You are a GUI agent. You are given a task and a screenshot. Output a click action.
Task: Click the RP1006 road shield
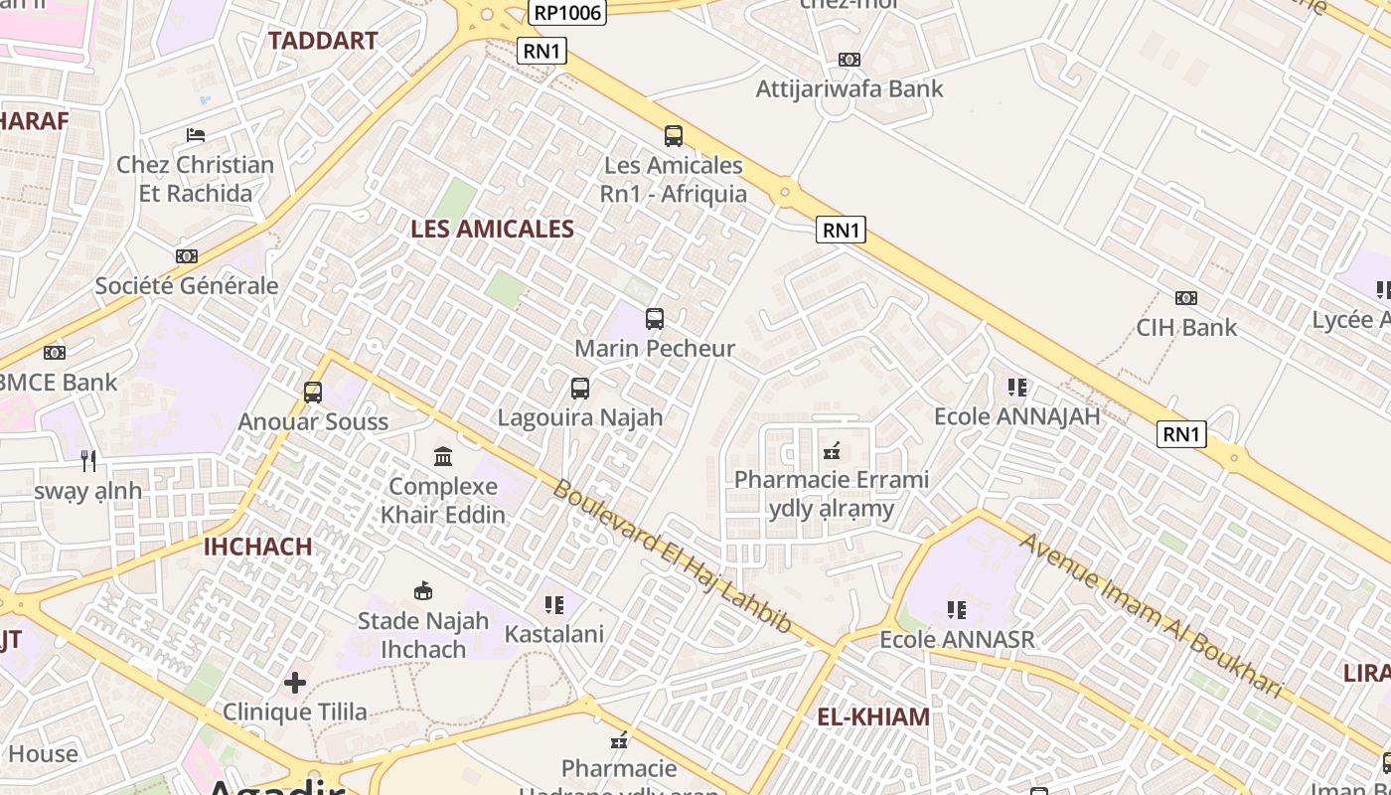[567, 12]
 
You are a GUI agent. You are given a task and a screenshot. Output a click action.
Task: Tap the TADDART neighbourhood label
[323, 41]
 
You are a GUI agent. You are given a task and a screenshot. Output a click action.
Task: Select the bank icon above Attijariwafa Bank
[849, 60]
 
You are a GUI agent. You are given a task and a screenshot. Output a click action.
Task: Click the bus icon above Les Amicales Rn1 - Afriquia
[674, 136]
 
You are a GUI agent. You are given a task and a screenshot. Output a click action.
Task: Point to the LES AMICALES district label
[492, 229]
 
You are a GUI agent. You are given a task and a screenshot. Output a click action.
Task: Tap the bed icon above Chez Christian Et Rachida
[196, 135]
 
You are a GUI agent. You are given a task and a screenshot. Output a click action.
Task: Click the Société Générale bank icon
[186, 256]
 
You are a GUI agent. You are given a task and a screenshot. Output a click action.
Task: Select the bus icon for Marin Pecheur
[655, 319]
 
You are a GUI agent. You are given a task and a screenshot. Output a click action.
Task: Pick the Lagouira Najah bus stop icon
[580, 389]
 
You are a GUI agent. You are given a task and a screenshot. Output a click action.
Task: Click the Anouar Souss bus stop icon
[313, 393]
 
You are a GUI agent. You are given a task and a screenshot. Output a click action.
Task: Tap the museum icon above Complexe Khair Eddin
[443, 457]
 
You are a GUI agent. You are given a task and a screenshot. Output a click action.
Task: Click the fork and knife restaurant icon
[88, 461]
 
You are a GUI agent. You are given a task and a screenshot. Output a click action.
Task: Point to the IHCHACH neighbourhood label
[257, 547]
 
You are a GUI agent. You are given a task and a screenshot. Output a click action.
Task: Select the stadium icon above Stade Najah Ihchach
[423, 591]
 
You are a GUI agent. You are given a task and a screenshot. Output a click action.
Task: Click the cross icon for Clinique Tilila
[295, 683]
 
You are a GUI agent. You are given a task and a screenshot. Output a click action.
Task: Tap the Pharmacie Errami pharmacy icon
[832, 451]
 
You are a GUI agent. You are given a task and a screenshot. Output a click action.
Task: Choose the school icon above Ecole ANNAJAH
[1016, 387]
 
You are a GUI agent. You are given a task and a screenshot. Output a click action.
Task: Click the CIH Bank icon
[1185, 298]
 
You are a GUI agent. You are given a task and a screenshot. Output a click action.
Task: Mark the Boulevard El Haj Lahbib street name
[673, 556]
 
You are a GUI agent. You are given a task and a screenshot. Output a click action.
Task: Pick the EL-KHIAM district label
[873, 716]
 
